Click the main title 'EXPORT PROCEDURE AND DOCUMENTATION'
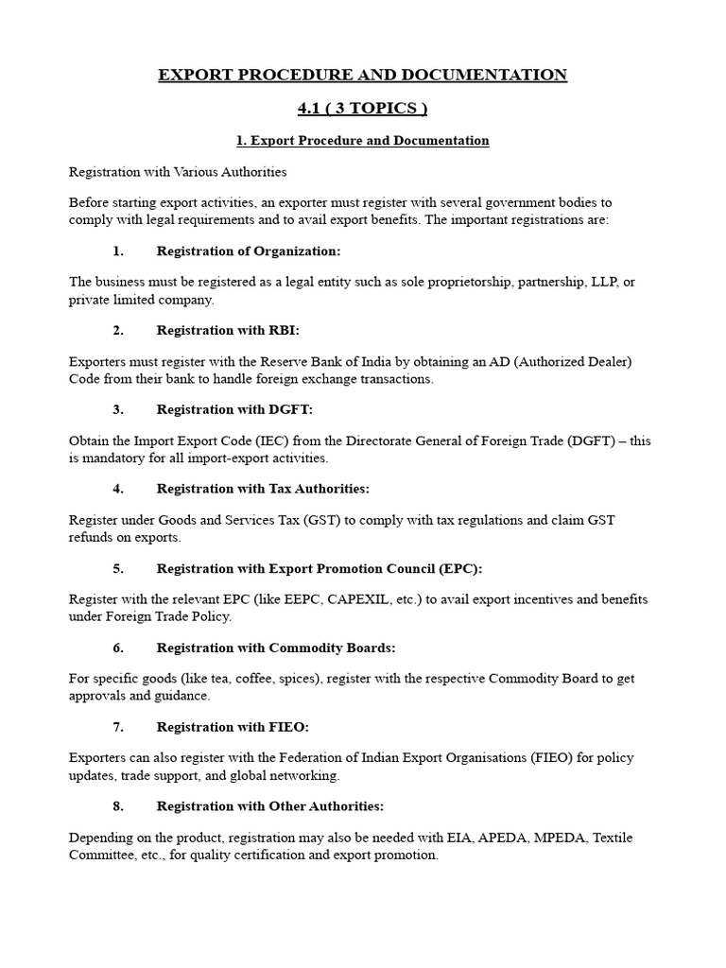(363, 75)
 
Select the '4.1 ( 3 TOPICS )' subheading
(363, 109)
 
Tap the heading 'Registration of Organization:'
(248, 251)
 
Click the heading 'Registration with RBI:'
(227, 330)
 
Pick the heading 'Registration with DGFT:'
(233, 409)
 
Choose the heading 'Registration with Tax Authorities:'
(263, 489)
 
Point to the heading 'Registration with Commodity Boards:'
(276, 648)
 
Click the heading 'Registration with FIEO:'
(233, 727)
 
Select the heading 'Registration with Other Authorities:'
(270, 806)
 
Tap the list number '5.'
(118, 568)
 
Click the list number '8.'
(118, 806)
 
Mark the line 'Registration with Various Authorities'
(178, 172)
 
